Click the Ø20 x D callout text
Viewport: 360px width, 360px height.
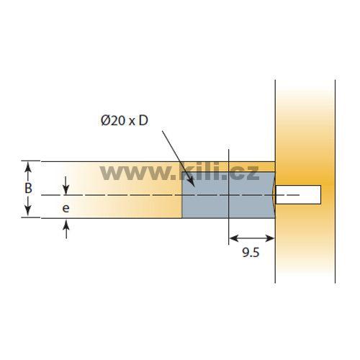(125, 120)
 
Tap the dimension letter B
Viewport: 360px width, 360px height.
(28, 188)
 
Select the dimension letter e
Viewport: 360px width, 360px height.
(66, 208)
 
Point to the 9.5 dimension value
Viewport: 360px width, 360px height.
(251, 253)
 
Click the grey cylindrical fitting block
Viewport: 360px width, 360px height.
(228, 195)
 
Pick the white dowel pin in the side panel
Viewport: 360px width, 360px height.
(298, 194)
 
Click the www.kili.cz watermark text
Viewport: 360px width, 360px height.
(179, 171)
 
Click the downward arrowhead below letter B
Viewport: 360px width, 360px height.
(28, 210)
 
